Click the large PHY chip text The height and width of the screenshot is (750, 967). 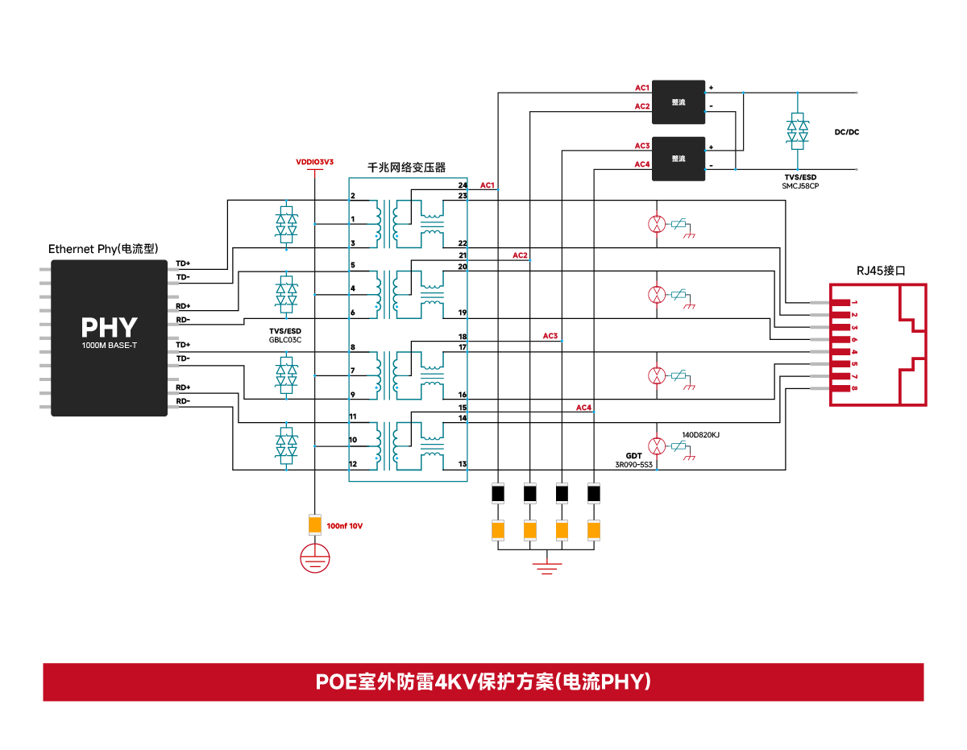(x=109, y=328)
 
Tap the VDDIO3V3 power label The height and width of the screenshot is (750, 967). (x=314, y=162)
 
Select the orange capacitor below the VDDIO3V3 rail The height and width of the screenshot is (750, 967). (x=315, y=525)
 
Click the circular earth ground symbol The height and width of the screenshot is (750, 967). (x=315, y=557)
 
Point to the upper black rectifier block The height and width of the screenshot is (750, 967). (x=679, y=102)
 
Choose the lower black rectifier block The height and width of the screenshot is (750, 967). (x=679, y=158)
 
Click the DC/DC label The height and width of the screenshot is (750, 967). (x=846, y=132)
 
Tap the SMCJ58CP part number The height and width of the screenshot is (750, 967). (x=799, y=186)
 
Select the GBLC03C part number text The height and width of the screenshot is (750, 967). (x=285, y=340)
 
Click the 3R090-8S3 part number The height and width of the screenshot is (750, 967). (x=633, y=465)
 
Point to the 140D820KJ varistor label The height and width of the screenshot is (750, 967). (x=700, y=435)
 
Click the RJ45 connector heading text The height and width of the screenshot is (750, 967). (x=881, y=271)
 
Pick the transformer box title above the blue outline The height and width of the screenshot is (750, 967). (x=406, y=168)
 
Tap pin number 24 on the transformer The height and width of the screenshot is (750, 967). (x=462, y=186)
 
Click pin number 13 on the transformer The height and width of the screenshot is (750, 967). (x=462, y=464)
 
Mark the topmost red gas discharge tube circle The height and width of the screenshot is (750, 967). (x=658, y=223)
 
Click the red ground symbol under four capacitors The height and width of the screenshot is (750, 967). (x=546, y=566)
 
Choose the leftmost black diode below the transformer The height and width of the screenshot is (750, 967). (x=498, y=492)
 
